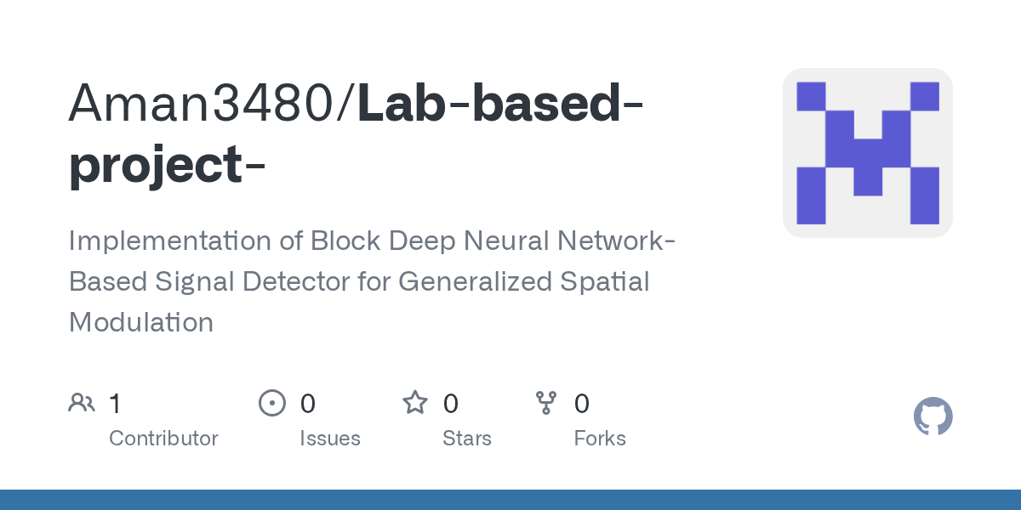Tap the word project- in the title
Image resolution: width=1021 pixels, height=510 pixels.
point(167,165)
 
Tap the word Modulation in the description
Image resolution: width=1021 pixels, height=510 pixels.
point(141,322)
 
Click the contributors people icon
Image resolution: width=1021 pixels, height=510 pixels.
point(82,403)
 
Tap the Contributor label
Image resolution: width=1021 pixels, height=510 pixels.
point(163,439)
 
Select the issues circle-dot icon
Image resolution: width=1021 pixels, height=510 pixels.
point(271,403)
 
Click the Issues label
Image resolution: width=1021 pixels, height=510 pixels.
point(330,439)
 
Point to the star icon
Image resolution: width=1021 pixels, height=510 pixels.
point(414,403)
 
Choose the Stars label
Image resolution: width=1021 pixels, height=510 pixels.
point(467,439)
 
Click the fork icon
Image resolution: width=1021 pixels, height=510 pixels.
point(545,403)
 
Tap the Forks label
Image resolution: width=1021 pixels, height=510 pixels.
point(600,439)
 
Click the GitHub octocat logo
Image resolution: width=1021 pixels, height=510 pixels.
point(933,416)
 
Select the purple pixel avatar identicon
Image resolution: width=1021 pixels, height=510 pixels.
point(867,153)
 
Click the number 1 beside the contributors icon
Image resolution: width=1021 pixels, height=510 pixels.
point(115,403)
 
